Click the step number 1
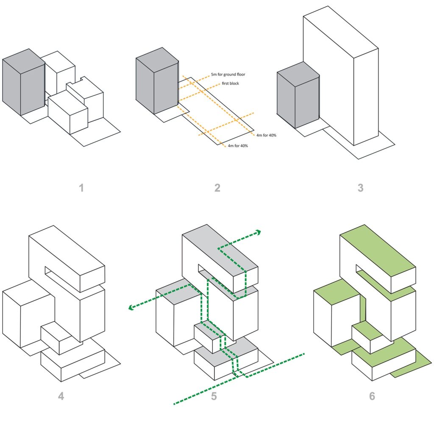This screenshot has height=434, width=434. [81, 187]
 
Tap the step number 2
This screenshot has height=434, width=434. [217, 187]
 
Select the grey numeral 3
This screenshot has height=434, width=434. [360, 187]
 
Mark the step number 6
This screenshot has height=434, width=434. [372, 396]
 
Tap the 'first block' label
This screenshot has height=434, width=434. [231, 83]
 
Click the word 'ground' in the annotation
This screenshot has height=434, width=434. [233, 75]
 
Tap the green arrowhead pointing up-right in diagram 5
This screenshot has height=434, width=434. [258, 231]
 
